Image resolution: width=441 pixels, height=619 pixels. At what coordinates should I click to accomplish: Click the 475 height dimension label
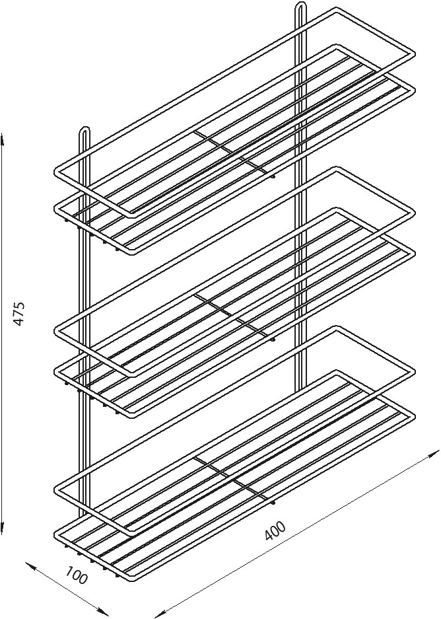point(20,314)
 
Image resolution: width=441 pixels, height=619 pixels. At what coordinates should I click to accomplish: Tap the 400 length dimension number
point(275,530)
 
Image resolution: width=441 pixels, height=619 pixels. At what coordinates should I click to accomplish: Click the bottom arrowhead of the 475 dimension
point(3,527)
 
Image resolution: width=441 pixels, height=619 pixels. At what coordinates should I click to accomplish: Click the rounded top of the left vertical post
point(85,129)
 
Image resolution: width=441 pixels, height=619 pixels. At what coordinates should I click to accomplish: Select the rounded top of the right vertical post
point(301,5)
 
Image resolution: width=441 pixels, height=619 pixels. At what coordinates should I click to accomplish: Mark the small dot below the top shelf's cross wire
point(273,176)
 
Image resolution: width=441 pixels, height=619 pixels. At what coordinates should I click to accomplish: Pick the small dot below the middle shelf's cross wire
point(273,339)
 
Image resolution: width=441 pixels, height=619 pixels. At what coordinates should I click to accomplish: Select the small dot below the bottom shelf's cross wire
point(273,503)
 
